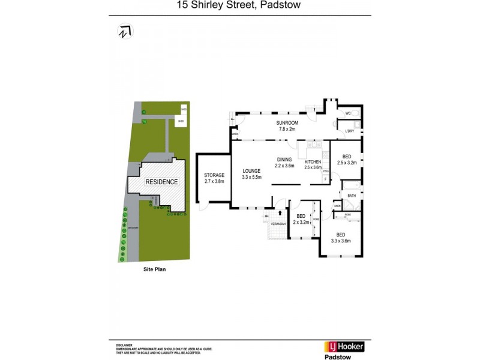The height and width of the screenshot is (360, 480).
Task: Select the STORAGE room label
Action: [214, 175]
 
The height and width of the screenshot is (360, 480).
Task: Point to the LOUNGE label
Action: [252, 171]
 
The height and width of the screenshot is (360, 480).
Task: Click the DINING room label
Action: [284, 160]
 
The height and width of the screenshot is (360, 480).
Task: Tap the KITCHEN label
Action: [313, 163]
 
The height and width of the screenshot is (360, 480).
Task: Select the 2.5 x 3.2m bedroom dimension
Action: [347, 163]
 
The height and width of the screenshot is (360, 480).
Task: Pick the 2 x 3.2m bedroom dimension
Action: [301, 222]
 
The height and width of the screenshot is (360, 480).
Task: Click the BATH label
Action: [352, 196]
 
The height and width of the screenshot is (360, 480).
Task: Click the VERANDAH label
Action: [278, 224]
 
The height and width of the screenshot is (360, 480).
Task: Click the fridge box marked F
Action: [326, 179]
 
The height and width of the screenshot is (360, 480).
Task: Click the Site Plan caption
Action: [154, 269]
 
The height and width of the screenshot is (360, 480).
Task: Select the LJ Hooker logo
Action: [344, 346]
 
